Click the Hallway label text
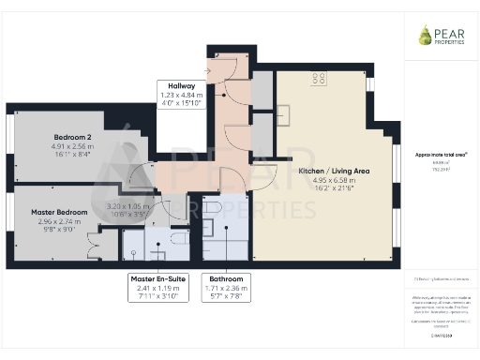point(176,85)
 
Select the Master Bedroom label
point(59,213)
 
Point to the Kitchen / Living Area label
point(334,172)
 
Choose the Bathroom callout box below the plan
point(229,286)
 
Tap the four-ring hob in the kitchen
point(319,78)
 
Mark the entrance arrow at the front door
point(207,69)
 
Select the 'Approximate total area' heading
point(440,154)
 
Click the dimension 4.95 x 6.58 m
point(334,180)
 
